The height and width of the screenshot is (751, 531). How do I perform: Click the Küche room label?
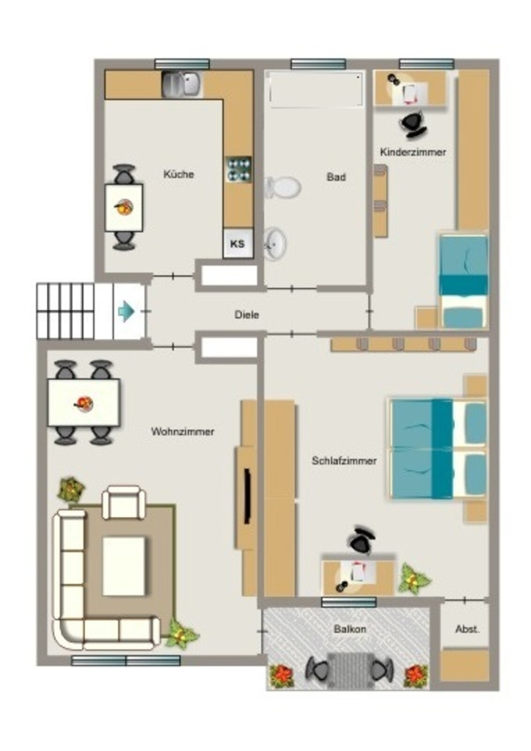coord(179,175)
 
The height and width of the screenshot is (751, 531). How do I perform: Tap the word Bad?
coord(336,177)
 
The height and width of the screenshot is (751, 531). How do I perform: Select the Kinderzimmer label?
coord(413,153)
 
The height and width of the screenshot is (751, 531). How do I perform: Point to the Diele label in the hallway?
coord(246,315)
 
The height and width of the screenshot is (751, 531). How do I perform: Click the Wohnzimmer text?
coord(183,431)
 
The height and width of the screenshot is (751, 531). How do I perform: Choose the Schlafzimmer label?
coord(344,461)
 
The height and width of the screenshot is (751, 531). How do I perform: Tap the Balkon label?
coord(350,629)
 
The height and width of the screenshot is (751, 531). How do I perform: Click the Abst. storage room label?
coord(467,629)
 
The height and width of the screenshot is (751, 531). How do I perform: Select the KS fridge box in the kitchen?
coord(238,243)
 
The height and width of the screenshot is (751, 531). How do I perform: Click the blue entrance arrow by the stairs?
coord(126,311)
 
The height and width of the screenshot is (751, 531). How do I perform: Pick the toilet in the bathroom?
coord(282,187)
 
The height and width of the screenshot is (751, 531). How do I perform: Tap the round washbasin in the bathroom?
coord(275,243)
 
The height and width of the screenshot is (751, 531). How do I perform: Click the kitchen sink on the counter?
coord(183,84)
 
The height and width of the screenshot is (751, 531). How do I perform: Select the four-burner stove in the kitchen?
coord(238,169)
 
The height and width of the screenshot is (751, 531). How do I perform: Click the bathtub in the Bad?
coord(315,89)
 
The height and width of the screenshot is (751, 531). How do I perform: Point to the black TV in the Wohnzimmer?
coord(248,497)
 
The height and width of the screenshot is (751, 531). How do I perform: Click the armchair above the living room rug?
coord(123,503)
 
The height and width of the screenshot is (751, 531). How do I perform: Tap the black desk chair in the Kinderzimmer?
coord(413,124)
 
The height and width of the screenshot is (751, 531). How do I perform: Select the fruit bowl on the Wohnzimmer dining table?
coord(84,404)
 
